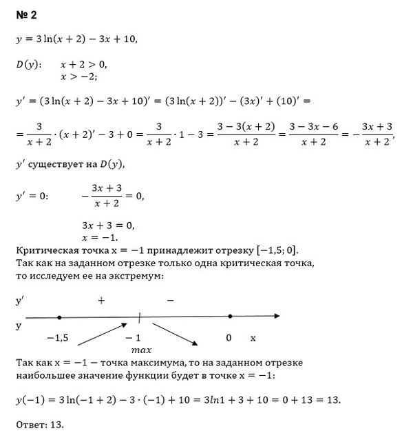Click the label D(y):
click(28, 65)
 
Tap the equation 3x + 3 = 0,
click(107, 225)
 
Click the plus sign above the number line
click(101, 301)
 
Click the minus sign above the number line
click(170, 301)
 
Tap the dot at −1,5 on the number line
click(59, 317)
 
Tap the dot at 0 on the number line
click(230, 317)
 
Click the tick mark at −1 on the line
click(140, 317)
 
